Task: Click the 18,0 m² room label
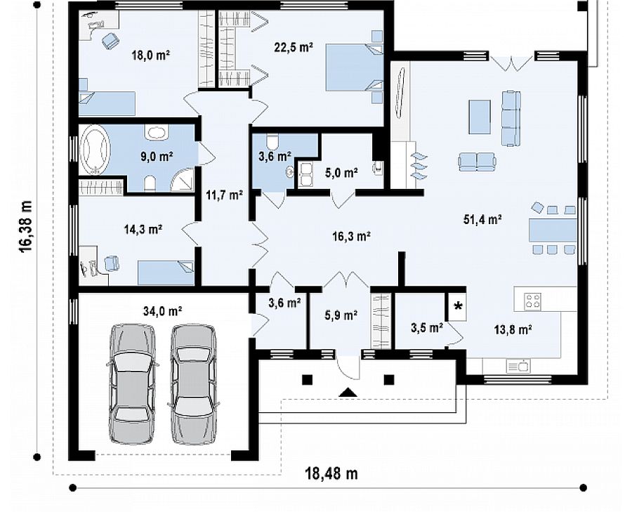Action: [x=150, y=55]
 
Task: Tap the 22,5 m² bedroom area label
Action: [x=294, y=47]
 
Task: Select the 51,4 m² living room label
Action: [x=482, y=219]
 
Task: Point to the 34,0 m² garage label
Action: [x=162, y=311]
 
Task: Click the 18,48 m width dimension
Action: [x=331, y=473]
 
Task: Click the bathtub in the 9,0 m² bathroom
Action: [x=96, y=149]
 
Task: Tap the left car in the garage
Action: [x=133, y=383]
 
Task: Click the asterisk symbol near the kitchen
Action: [x=458, y=306]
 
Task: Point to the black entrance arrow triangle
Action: [x=348, y=392]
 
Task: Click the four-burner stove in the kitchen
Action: [x=532, y=301]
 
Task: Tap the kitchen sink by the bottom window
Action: [x=518, y=367]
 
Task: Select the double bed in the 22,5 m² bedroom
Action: [x=354, y=67]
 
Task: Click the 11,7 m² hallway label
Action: [x=225, y=195]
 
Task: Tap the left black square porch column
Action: [x=307, y=379]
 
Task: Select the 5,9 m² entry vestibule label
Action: [x=341, y=315]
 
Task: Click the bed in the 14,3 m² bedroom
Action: [x=166, y=273]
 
